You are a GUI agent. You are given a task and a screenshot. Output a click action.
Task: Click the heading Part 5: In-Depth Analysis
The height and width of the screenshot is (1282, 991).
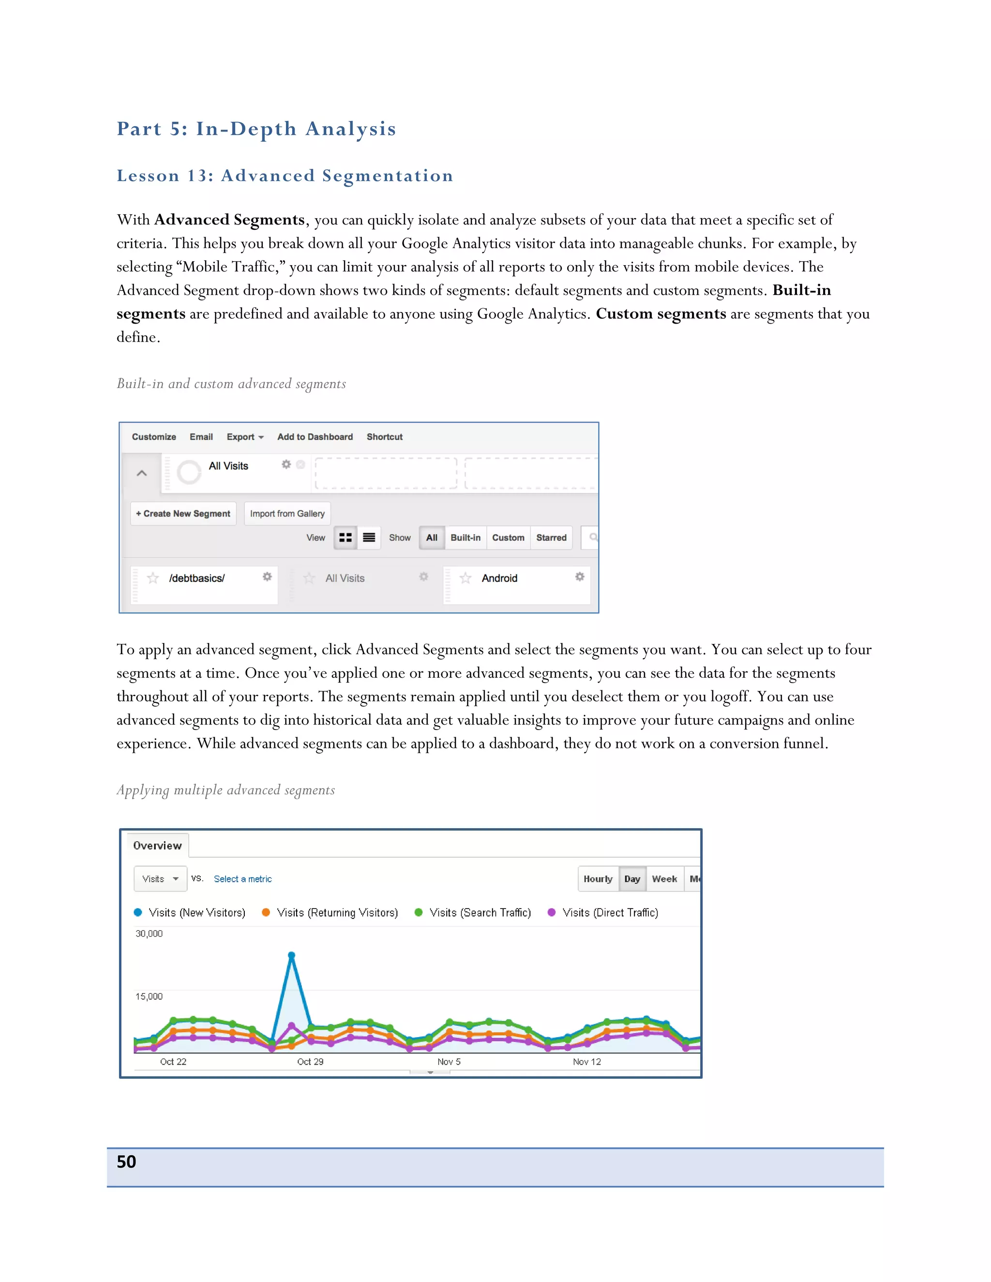tap(256, 129)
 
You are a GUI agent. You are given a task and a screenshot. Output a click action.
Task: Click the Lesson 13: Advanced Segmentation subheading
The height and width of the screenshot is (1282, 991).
tap(285, 176)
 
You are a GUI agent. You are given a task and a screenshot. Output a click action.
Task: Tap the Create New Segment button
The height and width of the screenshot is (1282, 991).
tap(183, 514)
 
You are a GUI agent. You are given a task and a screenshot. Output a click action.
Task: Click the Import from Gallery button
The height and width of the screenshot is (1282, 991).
tap(287, 514)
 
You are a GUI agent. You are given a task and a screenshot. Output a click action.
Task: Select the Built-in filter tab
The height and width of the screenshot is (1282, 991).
tap(465, 537)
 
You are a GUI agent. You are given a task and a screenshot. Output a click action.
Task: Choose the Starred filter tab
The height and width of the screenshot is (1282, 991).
tap(551, 537)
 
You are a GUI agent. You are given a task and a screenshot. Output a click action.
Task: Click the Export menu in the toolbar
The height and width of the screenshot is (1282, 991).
tap(245, 437)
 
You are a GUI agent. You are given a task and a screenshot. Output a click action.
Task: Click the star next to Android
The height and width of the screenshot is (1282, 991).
tap(465, 578)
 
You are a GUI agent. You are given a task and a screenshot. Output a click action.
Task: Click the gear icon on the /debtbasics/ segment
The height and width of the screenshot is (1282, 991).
tap(267, 577)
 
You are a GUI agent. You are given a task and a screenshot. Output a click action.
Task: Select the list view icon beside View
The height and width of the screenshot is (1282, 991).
tap(369, 537)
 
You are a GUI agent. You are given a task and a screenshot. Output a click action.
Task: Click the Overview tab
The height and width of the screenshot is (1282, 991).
tap(157, 845)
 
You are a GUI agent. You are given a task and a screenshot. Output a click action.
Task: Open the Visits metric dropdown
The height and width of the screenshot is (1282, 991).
tap(160, 879)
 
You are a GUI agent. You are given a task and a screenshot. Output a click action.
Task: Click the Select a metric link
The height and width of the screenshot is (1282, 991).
tap(242, 879)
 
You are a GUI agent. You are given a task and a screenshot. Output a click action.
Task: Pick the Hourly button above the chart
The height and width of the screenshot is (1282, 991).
tap(598, 879)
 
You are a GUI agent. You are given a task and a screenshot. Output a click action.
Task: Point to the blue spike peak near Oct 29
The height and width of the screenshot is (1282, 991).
tap(291, 955)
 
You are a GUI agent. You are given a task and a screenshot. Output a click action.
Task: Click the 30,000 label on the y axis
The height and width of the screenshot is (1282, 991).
tap(149, 933)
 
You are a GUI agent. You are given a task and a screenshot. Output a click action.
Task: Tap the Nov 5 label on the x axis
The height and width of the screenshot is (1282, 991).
tap(449, 1061)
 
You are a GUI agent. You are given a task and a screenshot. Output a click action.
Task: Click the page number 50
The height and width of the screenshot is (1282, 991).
tap(126, 1162)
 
